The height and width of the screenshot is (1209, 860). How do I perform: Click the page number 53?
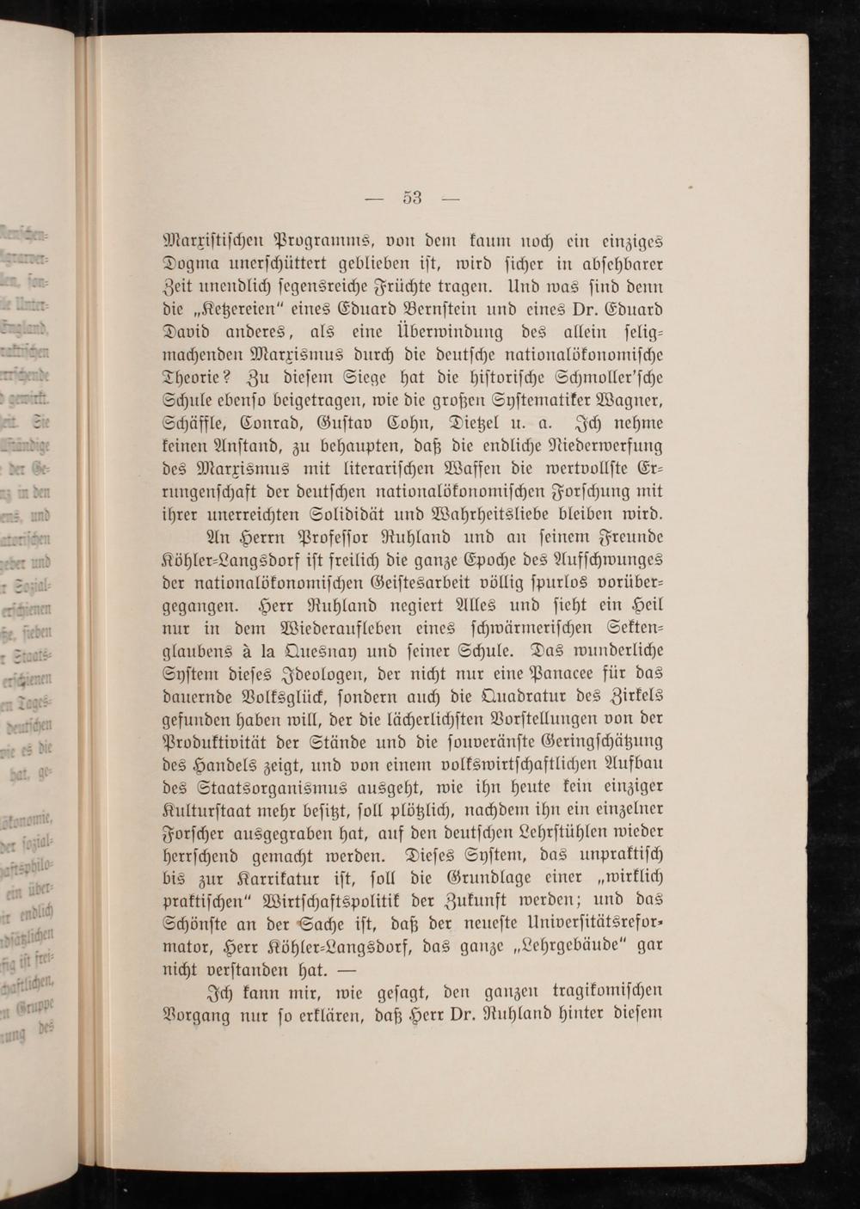click(x=412, y=199)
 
